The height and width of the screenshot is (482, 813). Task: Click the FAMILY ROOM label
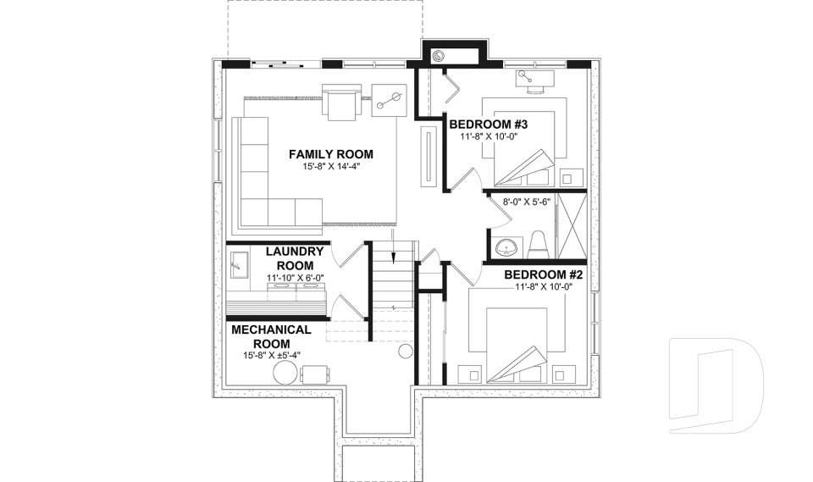(x=330, y=154)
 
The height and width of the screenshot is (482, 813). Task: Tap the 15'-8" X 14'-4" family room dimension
(x=330, y=167)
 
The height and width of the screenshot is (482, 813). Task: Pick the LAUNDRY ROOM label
(x=295, y=258)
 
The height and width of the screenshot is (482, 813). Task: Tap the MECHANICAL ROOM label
(x=272, y=335)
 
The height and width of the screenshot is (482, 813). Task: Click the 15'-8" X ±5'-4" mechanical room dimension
(x=272, y=356)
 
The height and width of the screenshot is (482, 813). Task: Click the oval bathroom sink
(x=507, y=247)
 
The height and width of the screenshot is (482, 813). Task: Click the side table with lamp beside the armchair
(x=390, y=101)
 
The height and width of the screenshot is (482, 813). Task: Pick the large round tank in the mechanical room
(x=285, y=374)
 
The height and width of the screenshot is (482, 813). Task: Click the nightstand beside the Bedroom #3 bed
(x=572, y=178)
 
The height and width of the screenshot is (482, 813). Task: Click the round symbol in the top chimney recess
(x=439, y=57)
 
